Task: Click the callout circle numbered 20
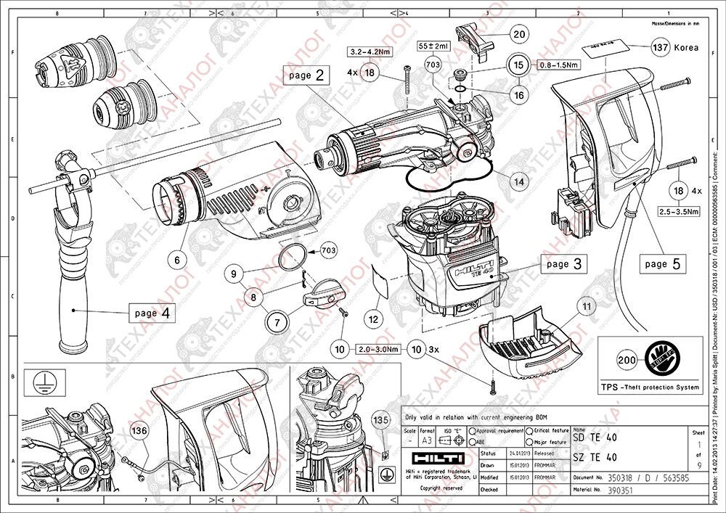pos(518,33)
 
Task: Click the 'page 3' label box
pos(563,264)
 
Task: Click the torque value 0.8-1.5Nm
pos(558,65)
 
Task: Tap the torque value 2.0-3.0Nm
pos(379,349)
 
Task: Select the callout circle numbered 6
pos(176,258)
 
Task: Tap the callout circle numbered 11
pos(586,307)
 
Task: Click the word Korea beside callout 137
pos(687,48)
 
